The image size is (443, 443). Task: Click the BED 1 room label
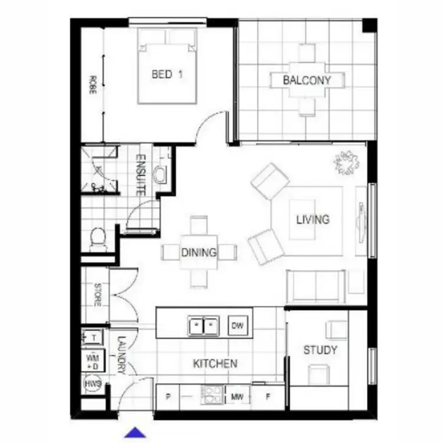[x=167, y=74]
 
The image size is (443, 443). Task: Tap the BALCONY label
[x=307, y=80]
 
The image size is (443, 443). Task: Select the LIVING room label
[x=312, y=220]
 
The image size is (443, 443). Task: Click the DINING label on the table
[x=198, y=253]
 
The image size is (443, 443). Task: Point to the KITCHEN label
[x=216, y=364]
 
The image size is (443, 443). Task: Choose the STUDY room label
[x=320, y=350]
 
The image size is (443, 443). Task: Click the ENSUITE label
[x=141, y=175]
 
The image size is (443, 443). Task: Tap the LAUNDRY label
[x=122, y=356]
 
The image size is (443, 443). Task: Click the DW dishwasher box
[x=237, y=325]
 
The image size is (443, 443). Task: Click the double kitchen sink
[x=203, y=325]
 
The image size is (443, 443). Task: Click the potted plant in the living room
[x=347, y=162]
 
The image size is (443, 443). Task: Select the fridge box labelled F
[x=268, y=396]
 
